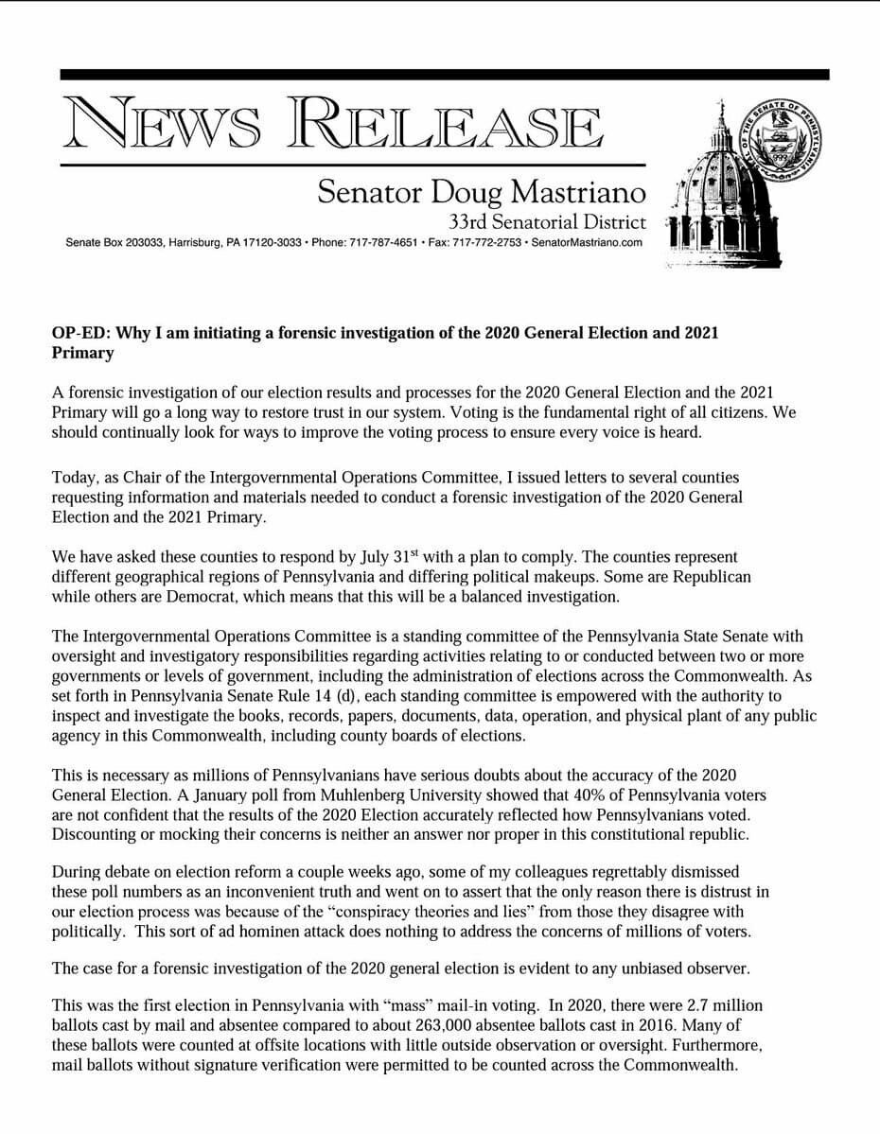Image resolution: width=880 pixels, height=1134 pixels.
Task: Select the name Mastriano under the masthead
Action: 578,192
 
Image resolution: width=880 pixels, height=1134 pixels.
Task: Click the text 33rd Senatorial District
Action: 548,223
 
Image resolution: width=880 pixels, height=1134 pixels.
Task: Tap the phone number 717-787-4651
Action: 385,243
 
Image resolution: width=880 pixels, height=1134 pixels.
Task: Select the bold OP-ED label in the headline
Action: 79,333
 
